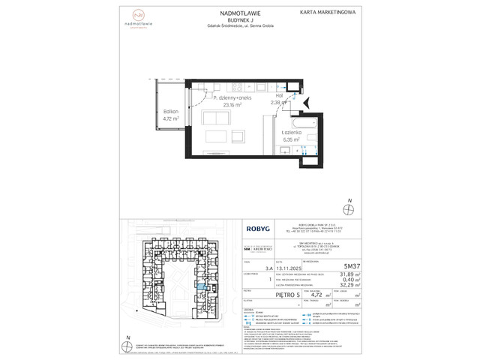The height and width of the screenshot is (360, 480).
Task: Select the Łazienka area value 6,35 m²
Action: point(291,139)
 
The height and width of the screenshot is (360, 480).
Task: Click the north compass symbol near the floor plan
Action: point(348,203)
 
